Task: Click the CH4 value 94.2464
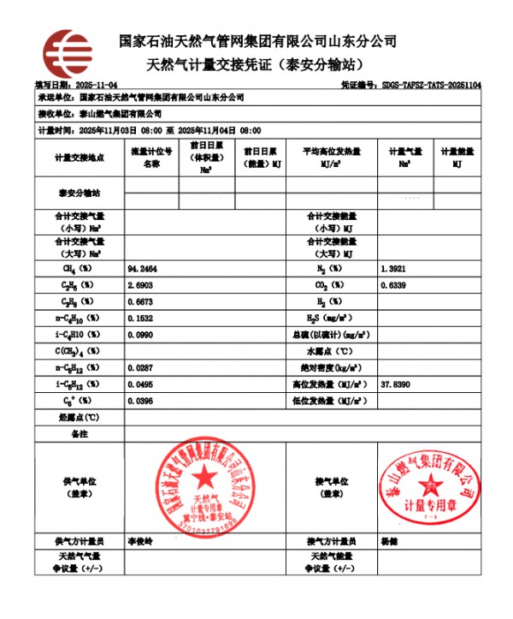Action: pos(142,269)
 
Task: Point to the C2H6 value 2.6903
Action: pos(141,283)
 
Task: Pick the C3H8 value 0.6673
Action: pos(141,301)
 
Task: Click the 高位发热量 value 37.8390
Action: pos(396,384)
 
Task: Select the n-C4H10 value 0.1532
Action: pos(141,318)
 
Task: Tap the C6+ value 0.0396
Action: pos(141,400)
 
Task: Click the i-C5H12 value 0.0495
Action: pos(141,384)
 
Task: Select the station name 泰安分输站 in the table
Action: pos(80,193)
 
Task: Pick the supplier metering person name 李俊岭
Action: pos(139,542)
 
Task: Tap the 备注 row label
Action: pos(80,434)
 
